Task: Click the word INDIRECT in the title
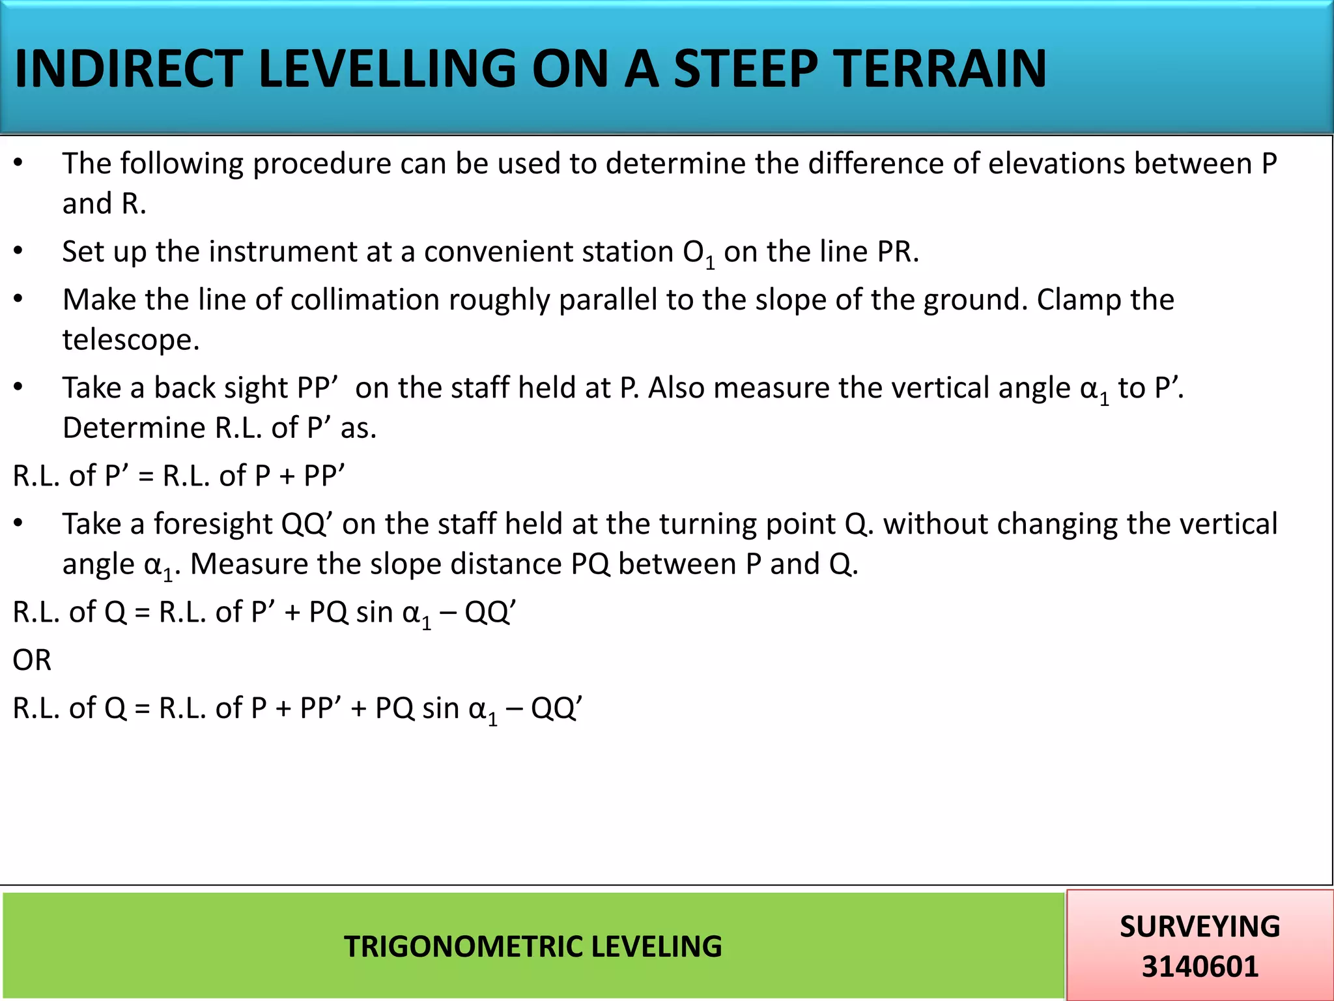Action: [128, 69]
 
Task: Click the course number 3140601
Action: [1200, 966]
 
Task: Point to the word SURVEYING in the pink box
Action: [1200, 926]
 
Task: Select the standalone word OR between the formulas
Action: [32, 660]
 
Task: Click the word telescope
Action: [130, 340]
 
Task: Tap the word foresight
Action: [212, 524]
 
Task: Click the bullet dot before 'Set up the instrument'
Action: [18, 251]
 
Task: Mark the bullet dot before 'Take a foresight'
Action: [18, 523]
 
